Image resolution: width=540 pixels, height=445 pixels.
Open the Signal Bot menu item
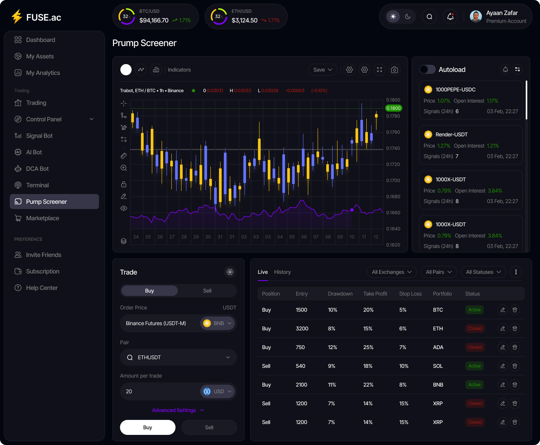[39, 136]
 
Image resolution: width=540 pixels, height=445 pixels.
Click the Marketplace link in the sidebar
[42, 218]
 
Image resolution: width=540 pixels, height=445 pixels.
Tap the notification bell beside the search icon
[450, 16]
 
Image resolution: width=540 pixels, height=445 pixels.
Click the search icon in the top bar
[429, 16]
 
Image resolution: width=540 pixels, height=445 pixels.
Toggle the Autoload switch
[427, 69]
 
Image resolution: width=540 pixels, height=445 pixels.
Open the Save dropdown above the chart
[322, 70]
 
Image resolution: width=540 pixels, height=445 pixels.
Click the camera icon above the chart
[394, 70]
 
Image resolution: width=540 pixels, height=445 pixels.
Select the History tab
[282, 272]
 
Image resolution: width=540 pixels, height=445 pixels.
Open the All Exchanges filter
[391, 272]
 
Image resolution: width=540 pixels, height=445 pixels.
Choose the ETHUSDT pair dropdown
[178, 357]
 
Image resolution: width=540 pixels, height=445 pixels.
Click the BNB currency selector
[217, 323]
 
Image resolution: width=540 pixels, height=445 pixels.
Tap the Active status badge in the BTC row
[474, 310]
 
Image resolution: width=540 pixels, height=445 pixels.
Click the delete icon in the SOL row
[515, 366]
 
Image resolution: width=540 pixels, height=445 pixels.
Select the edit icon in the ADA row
[503, 347]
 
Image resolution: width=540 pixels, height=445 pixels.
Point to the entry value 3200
[302, 329]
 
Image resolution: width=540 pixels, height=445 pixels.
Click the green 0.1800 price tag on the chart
[393, 108]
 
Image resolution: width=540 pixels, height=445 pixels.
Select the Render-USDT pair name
[451, 134]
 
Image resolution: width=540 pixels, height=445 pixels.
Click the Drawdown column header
[340, 294]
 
